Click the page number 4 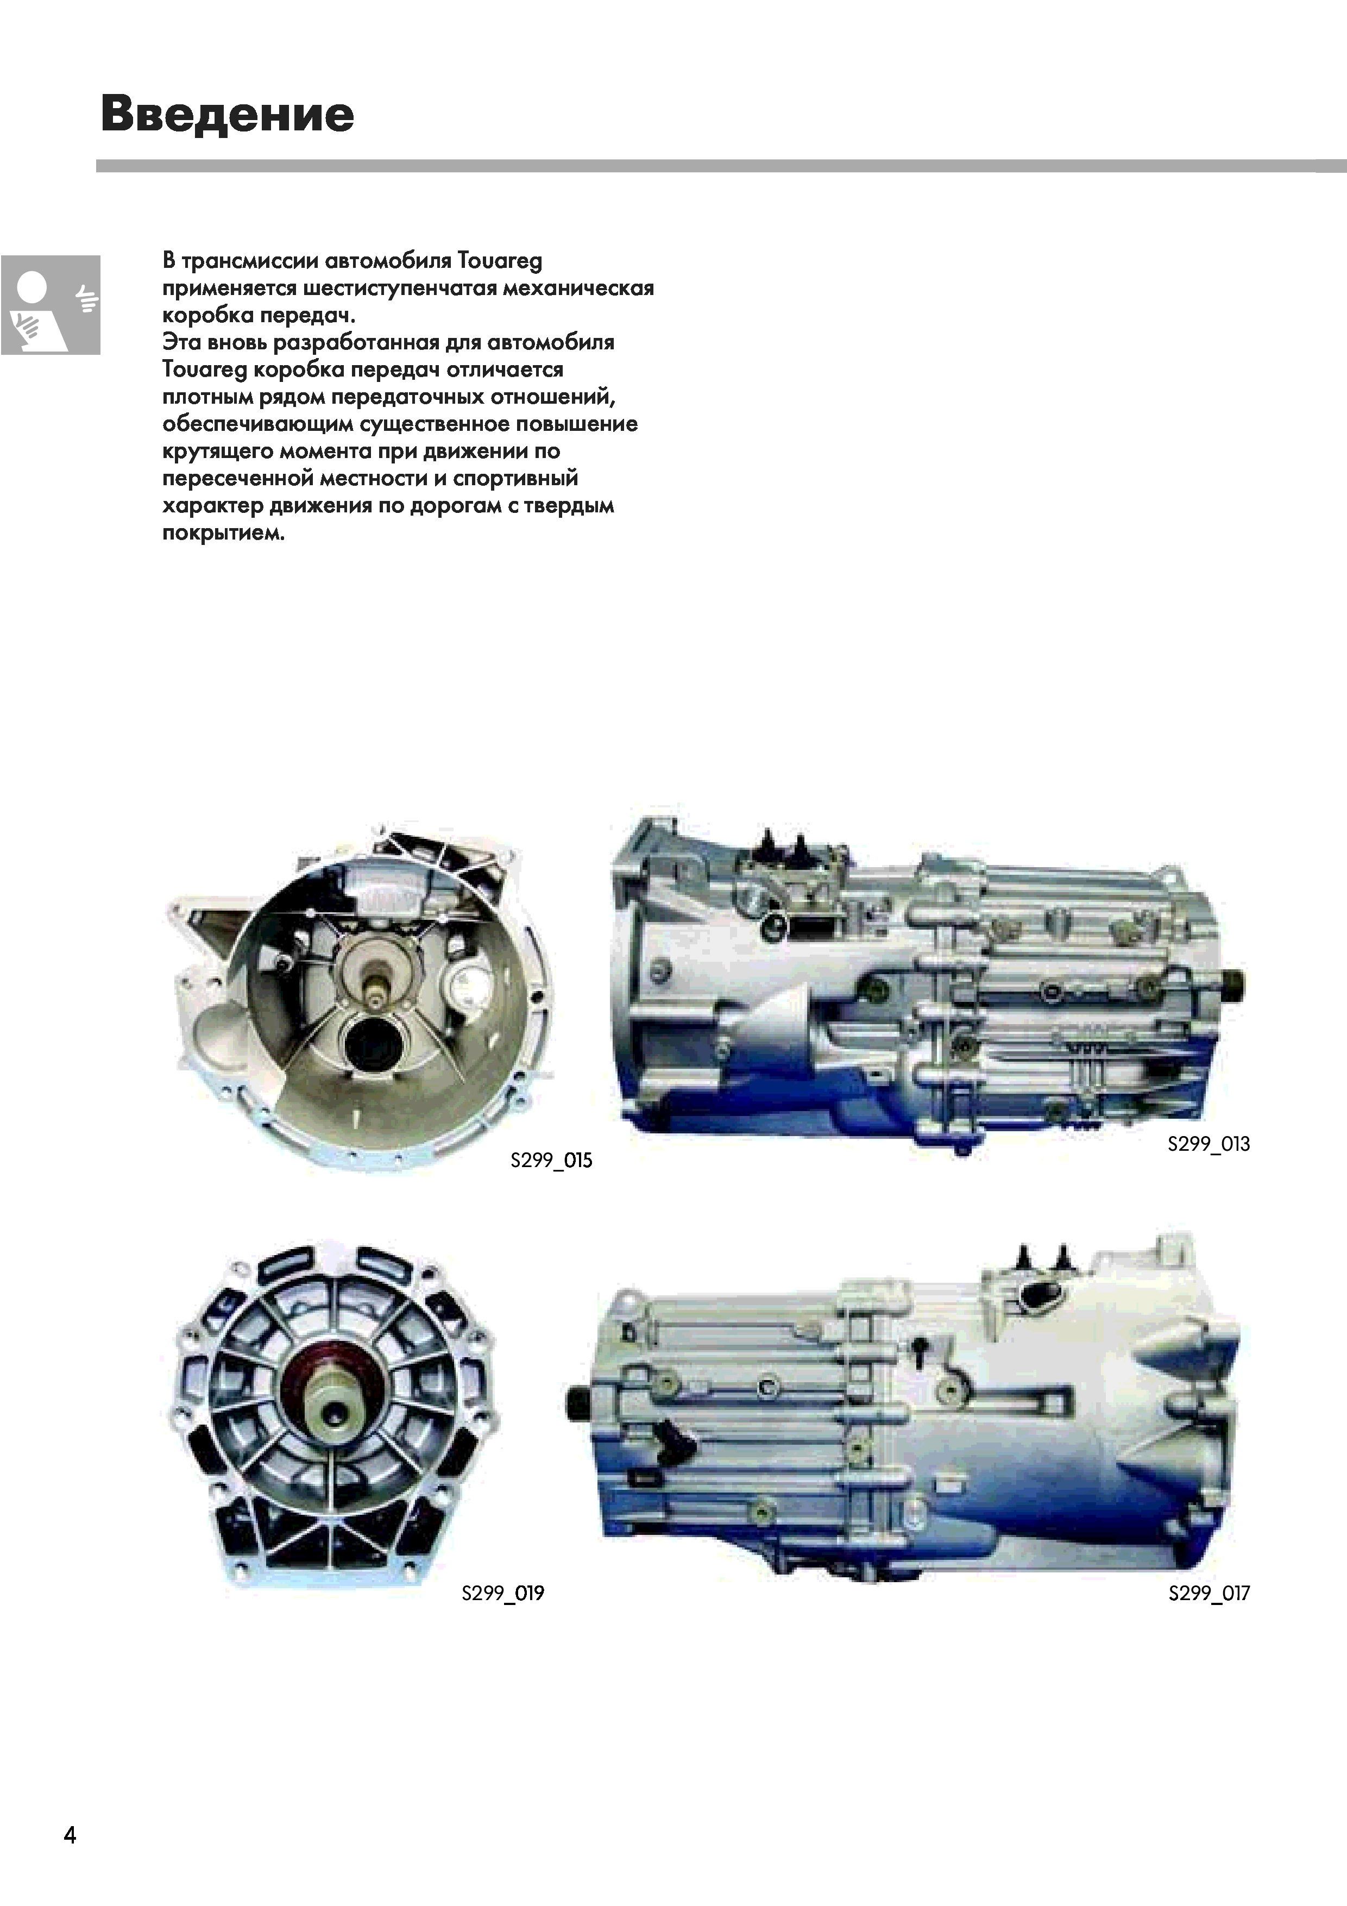(x=70, y=1834)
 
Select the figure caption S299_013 (x=1208, y=1144)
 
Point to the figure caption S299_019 (x=503, y=1593)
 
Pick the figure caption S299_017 (x=1209, y=1593)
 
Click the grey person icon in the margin (x=50, y=305)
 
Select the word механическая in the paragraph (x=578, y=288)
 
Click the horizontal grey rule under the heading (x=721, y=166)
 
